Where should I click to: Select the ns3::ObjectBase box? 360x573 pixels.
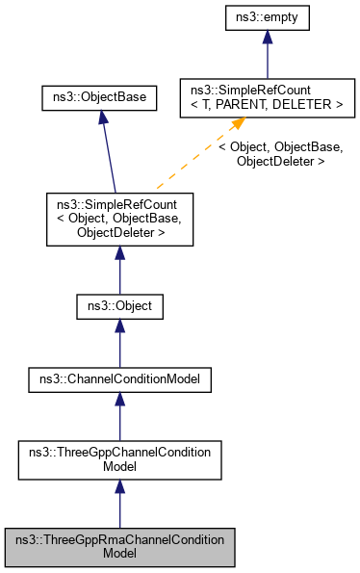point(91,98)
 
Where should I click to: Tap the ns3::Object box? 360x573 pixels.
point(119,307)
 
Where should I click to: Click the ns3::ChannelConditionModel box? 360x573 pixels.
point(119,380)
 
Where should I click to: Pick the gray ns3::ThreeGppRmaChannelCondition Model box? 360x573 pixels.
point(119,547)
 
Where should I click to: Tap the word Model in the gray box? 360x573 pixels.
point(119,555)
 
